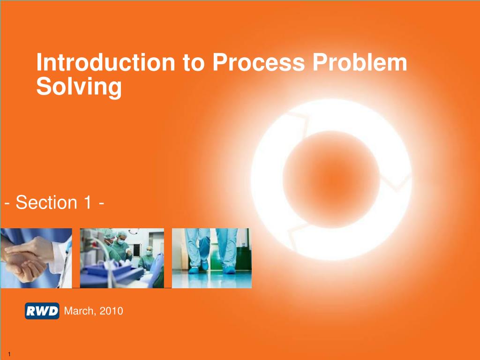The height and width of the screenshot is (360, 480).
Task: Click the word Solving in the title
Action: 79,87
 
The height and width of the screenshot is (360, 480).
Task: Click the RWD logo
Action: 42,311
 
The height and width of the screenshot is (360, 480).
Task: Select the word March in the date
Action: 79,311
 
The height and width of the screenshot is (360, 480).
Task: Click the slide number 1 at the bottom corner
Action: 9,353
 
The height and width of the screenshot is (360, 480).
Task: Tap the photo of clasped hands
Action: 36,258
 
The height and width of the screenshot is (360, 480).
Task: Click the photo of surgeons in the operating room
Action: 122,258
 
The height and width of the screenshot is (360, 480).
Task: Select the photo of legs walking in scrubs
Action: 211,258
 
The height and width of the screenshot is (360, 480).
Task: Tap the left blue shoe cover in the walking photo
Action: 194,270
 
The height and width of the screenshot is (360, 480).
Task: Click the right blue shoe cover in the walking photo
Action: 229,270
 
